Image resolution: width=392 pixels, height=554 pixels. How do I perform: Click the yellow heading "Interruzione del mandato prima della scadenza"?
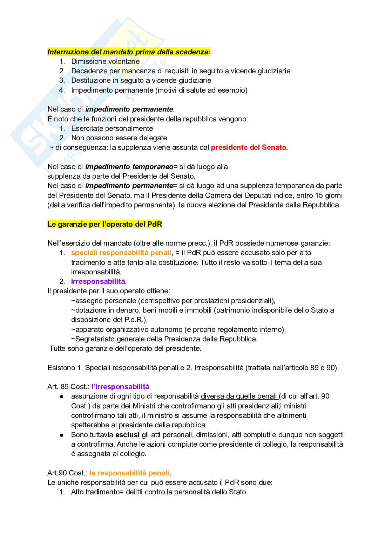tap(129, 52)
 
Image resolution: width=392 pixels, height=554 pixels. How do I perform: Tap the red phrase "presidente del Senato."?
tap(249, 147)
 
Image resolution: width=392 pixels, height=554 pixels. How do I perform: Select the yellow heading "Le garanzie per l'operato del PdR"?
tap(104, 224)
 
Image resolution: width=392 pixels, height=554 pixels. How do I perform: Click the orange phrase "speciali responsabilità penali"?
tap(121, 253)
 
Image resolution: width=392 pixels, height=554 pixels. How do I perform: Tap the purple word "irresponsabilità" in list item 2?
tap(98, 281)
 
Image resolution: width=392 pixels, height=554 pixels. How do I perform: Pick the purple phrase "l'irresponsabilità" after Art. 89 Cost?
tap(120, 387)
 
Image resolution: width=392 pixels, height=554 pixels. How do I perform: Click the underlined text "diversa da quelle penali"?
tap(239, 396)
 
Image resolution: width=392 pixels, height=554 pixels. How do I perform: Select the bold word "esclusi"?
tap(128, 435)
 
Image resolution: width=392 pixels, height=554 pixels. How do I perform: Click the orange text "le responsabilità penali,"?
tap(130, 473)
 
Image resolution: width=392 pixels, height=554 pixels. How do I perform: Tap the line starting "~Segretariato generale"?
tap(164, 339)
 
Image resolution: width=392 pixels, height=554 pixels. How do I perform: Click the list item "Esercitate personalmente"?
tap(112, 128)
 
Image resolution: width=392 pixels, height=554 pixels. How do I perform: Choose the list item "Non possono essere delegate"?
tap(119, 138)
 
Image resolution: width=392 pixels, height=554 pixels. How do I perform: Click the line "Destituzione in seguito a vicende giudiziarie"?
tap(141, 80)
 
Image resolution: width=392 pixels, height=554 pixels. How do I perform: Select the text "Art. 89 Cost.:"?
tap(68, 387)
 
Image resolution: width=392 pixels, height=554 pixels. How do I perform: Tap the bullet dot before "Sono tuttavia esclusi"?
tap(61, 435)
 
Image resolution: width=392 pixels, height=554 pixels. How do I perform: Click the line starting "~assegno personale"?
tap(173, 301)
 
